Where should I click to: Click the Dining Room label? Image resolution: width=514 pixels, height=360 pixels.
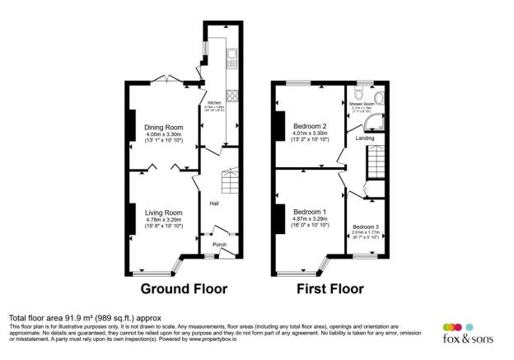click(x=163, y=127)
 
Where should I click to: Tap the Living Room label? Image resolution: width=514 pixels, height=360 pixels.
click(x=163, y=212)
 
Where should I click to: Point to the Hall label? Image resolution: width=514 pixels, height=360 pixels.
click(x=213, y=203)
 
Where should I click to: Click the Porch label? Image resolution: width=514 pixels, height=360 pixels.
click(x=220, y=245)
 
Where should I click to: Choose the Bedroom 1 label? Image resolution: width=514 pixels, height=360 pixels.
click(x=310, y=212)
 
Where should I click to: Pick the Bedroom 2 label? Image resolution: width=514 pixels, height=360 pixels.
click(x=310, y=126)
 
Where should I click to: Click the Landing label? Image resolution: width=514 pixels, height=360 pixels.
click(x=365, y=138)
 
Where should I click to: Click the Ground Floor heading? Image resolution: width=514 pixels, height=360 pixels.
click(x=184, y=289)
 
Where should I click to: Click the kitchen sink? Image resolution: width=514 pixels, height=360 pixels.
click(x=233, y=57)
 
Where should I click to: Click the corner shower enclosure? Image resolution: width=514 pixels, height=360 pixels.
click(x=375, y=123)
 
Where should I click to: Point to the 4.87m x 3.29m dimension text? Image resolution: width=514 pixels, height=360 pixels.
click(x=310, y=220)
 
